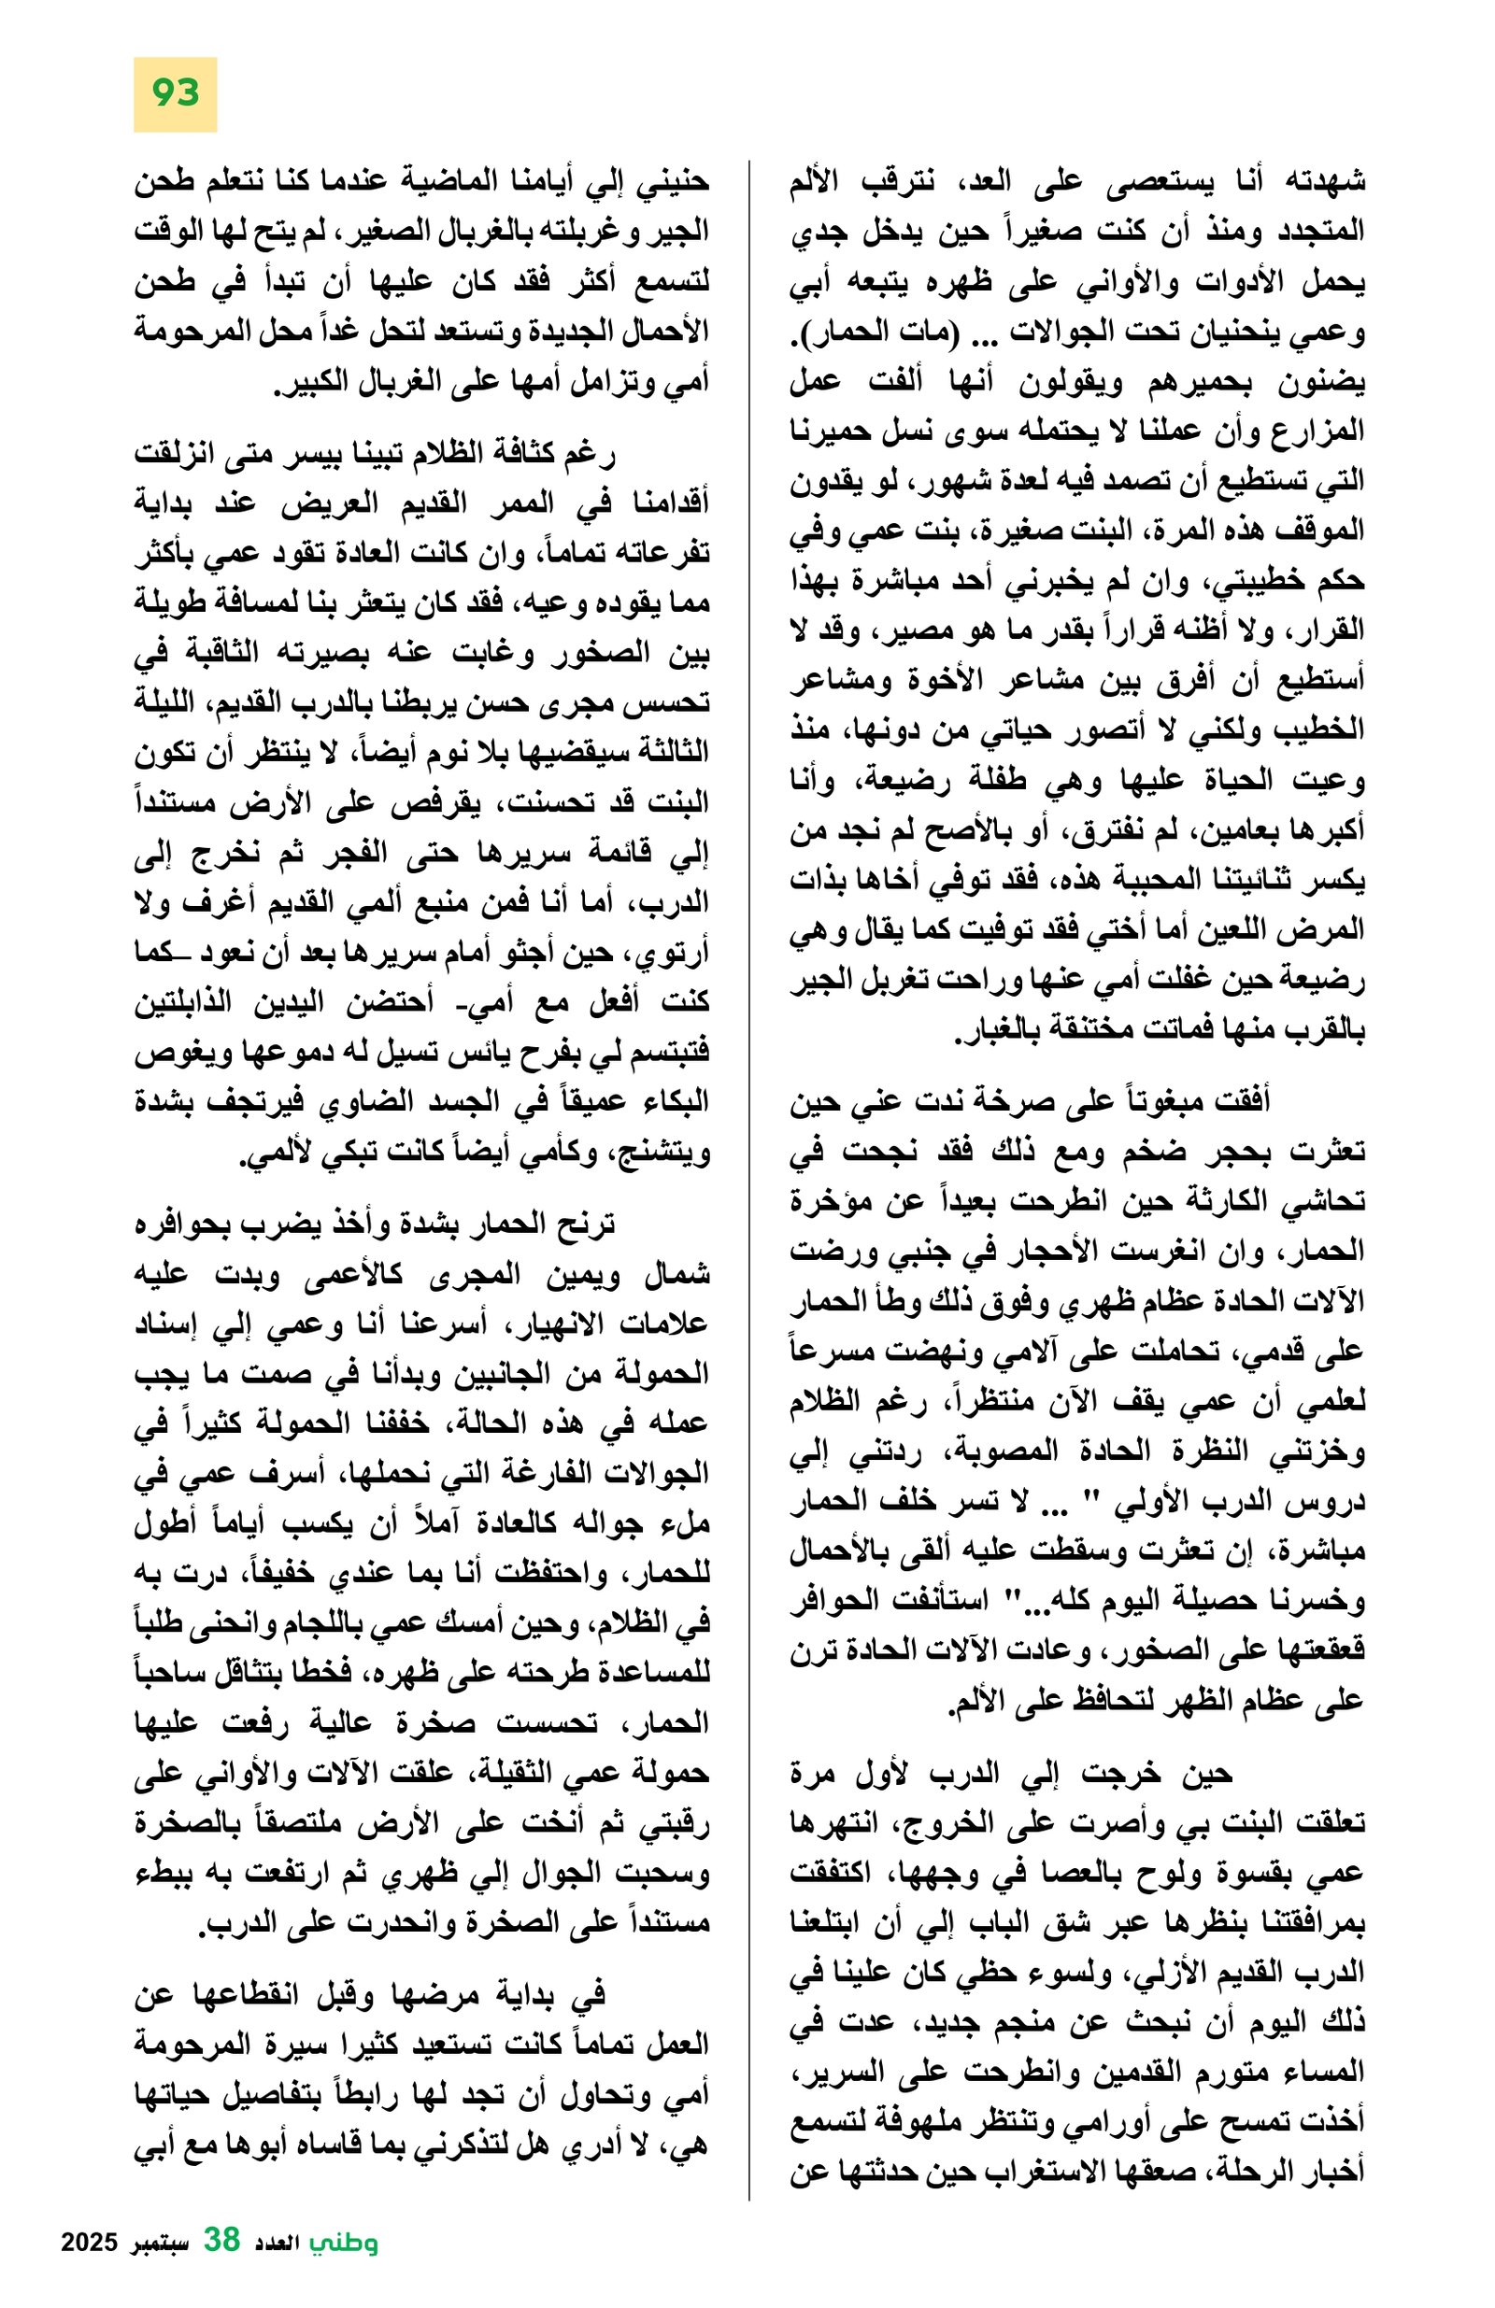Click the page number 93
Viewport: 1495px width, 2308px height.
click(175, 94)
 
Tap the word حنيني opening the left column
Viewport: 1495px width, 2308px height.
click(676, 181)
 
